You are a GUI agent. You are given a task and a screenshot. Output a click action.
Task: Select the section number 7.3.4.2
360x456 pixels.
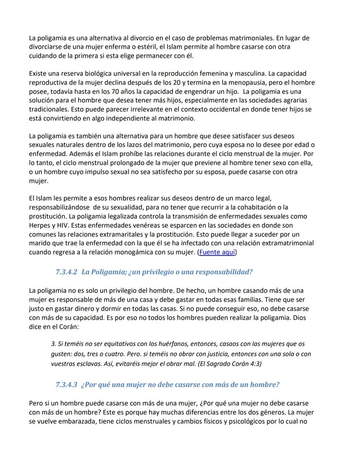point(66,272)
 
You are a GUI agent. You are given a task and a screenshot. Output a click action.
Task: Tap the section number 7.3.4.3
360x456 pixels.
point(66,385)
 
